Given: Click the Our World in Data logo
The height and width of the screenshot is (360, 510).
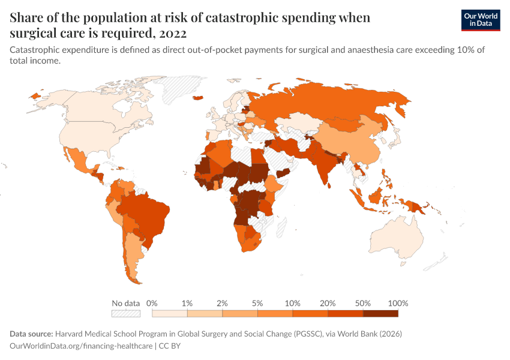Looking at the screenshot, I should tap(481, 20).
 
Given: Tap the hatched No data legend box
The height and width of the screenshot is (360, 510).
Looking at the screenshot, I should tap(125, 313).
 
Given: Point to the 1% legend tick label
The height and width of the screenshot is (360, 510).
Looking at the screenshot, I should tap(187, 303).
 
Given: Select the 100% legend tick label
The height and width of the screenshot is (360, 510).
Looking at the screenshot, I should tap(398, 303).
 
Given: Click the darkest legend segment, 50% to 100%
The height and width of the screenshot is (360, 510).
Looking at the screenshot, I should tap(380, 313).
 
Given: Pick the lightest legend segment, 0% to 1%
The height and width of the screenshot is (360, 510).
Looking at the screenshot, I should tap(170, 313).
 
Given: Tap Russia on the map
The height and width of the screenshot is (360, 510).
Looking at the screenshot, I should tap(336, 102).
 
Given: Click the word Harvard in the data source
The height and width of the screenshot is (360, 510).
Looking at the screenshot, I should tap(71, 333).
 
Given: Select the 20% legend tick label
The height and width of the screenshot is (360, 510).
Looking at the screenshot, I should tap(328, 303).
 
